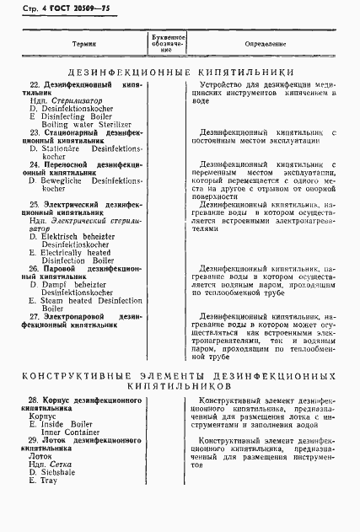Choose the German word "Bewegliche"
66,180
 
